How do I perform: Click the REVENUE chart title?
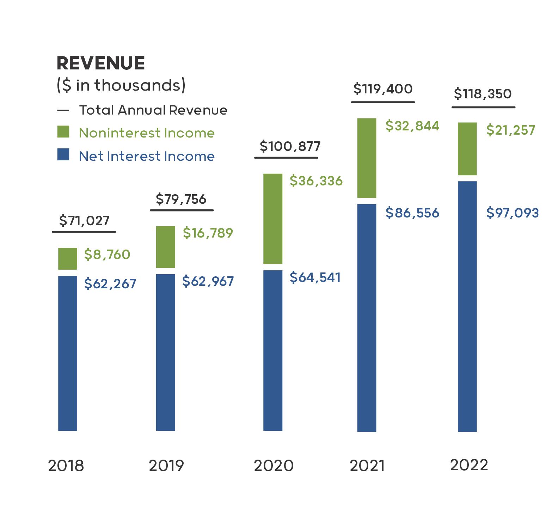click(x=100, y=63)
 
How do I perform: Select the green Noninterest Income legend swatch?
click(x=63, y=132)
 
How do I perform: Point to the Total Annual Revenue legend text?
click(x=153, y=110)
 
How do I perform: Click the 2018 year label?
click(x=66, y=466)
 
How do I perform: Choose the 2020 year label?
click(x=274, y=466)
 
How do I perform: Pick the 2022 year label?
click(x=469, y=465)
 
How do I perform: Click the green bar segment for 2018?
click(x=68, y=259)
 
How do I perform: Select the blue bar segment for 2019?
click(x=166, y=352)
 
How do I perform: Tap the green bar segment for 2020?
click(x=273, y=219)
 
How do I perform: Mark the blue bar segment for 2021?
click(x=367, y=318)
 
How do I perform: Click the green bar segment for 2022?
click(x=467, y=149)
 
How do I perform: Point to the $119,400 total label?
click(x=383, y=89)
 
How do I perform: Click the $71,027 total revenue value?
click(x=84, y=221)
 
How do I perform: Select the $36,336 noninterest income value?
click(x=316, y=181)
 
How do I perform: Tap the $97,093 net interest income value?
click(x=513, y=213)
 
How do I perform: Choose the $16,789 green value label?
click(x=208, y=233)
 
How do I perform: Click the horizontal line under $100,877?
click(x=286, y=158)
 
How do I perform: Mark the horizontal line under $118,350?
click(x=483, y=107)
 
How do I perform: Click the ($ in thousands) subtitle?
click(x=121, y=85)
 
